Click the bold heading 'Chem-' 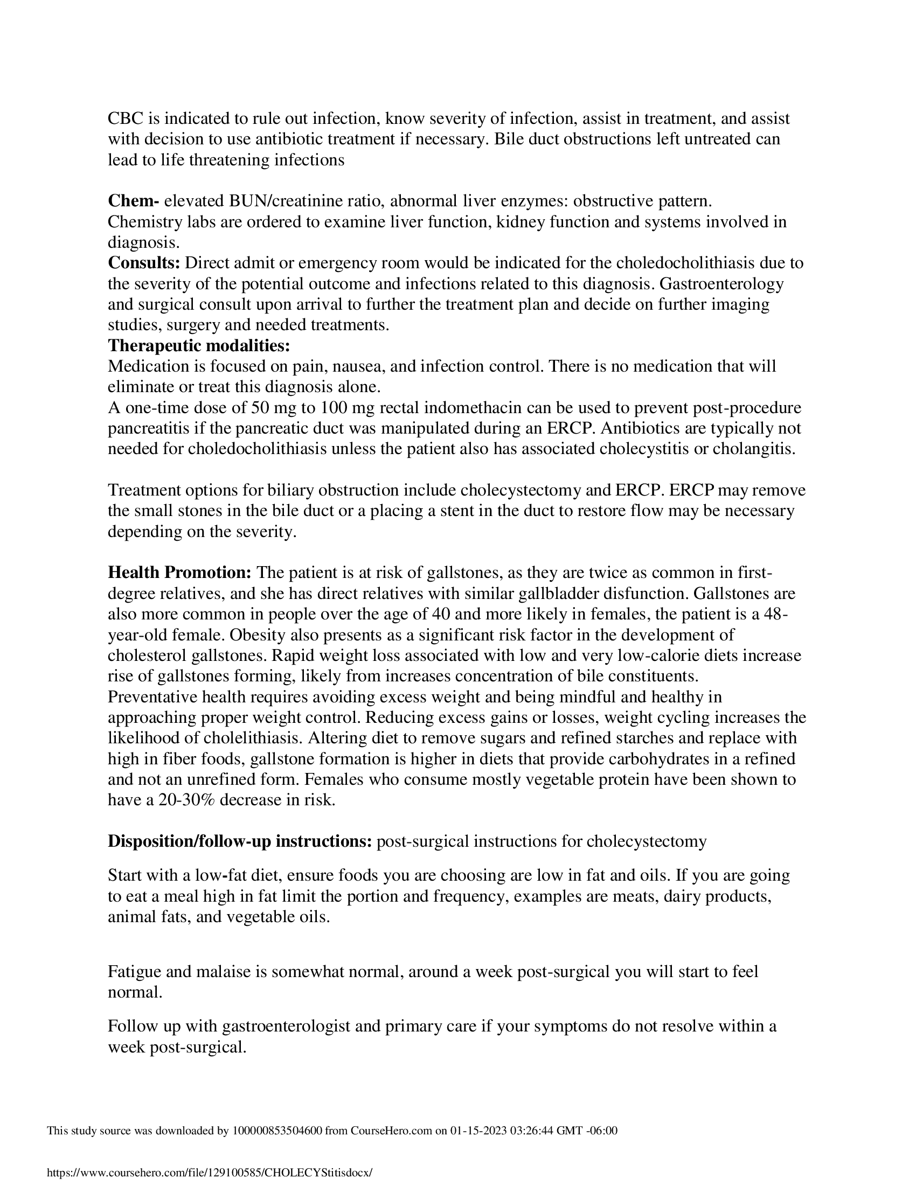click(x=133, y=201)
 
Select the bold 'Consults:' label click(x=144, y=263)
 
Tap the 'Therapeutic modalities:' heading click(x=199, y=346)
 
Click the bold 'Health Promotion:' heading click(x=179, y=573)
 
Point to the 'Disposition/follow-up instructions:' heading click(x=240, y=841)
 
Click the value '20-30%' click(x=187, y=800)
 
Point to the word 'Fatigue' click(x=134, y=971)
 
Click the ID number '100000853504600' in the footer click(x=277, y=1131)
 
